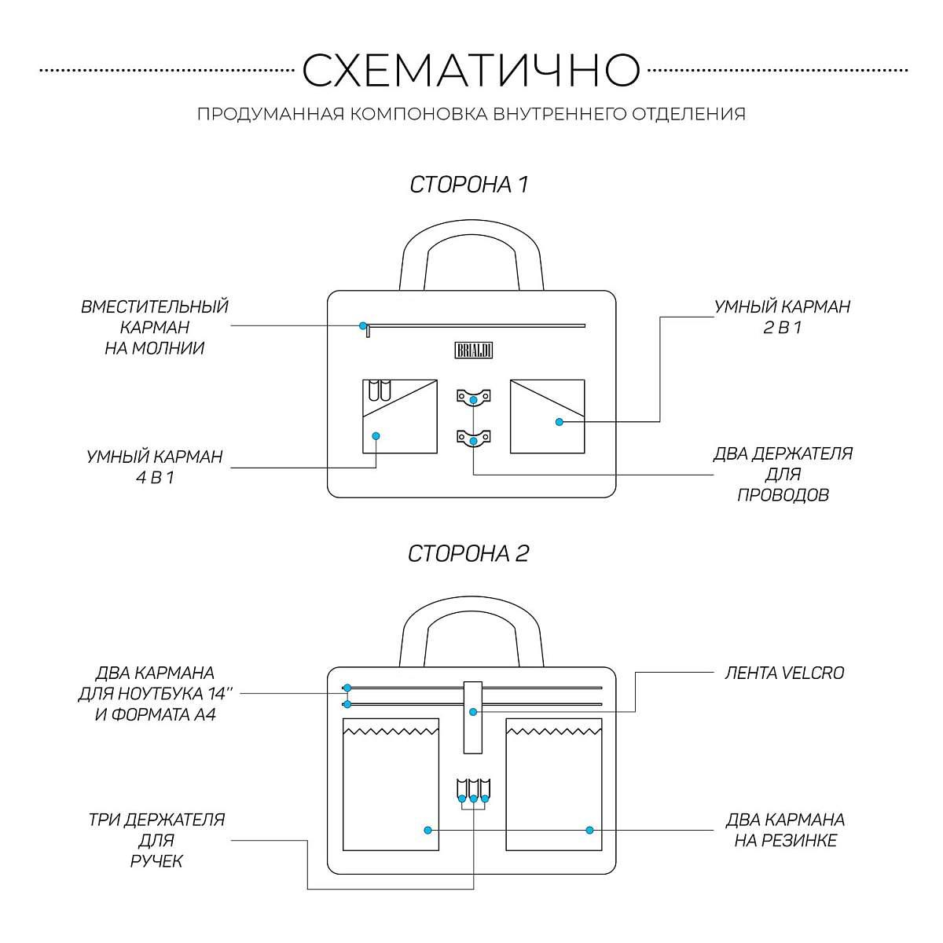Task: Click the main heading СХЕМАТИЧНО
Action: click(471, 70)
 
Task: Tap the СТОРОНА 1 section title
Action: click(469, 185)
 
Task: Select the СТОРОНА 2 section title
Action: click(469, 553)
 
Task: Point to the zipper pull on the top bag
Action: click(367, 332)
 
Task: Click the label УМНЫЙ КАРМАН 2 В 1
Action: click(782, 317)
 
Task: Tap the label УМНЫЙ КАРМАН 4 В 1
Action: click(155, 467)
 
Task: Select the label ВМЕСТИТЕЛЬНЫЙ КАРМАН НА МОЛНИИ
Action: click(155, 327)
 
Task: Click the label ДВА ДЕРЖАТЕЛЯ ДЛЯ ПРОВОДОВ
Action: click(783, 475)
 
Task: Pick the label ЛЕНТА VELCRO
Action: click(783, 673)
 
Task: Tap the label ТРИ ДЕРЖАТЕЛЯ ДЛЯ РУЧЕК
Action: click(156, 840)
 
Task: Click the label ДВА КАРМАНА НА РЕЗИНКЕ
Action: click(785, 831)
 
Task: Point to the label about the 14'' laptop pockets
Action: click(156, 694)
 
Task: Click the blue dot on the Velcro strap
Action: click(473, 712)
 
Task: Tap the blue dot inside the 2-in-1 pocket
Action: click(560, 422)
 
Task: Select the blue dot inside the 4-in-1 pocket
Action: click(376, 435)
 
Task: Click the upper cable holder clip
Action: click(473, 396)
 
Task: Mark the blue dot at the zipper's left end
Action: click(362, 325)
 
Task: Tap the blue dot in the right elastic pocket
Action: click(589, 830)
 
